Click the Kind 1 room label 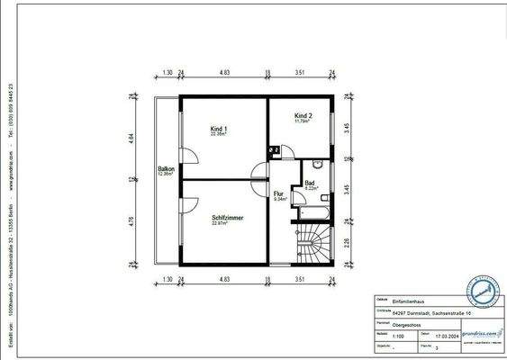[218, 130]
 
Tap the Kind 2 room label [304, 116]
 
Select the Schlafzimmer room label [228, 218]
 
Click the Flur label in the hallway [279, 193]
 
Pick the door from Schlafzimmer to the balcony [186, 203]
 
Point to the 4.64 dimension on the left [131, 139]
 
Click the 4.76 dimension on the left [131, 221]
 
